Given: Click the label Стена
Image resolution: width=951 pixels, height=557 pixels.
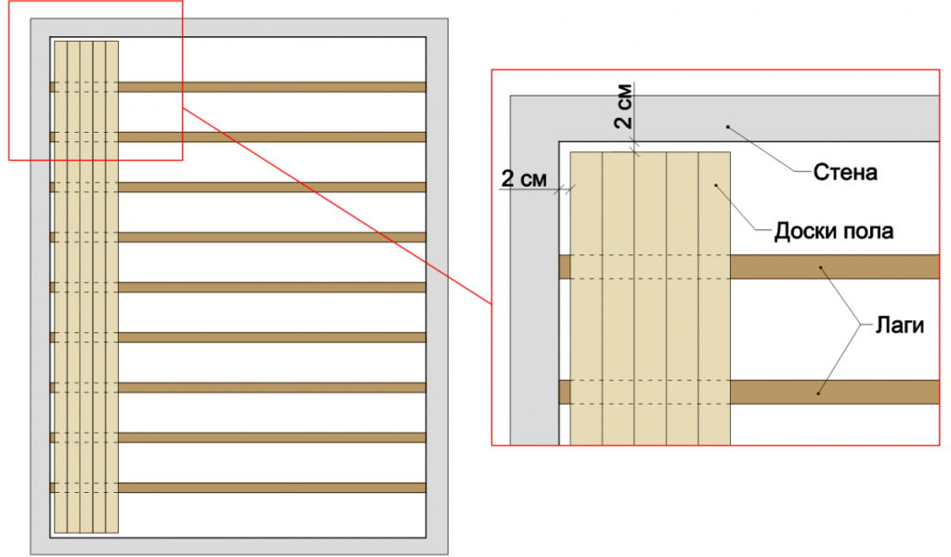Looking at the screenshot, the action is pos(845,173).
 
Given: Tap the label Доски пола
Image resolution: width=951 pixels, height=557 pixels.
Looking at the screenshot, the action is pos(833,231).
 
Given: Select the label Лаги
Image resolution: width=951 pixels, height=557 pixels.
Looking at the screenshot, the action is pos(899,326).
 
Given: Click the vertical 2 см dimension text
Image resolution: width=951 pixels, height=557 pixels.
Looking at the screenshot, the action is pos(623,106).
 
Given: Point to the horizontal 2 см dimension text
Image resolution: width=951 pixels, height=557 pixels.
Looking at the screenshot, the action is pos(524,179).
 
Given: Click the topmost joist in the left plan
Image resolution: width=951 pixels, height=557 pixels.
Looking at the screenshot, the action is pos(238,87).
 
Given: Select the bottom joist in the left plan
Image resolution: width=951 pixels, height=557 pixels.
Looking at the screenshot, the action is pos(238,487).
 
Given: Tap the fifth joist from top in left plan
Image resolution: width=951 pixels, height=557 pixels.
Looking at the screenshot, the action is pos(238,287).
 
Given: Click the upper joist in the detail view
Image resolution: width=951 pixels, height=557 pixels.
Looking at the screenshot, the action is pos(749,266).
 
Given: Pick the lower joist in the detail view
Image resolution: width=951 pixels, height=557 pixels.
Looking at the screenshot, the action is pos(749,392).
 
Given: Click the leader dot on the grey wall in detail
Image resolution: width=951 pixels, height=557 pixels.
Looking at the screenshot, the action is pos(728,127).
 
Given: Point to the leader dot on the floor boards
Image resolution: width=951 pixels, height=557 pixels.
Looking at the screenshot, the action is pos(716,185).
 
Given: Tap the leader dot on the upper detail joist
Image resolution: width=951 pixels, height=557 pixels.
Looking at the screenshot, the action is pos(821,267).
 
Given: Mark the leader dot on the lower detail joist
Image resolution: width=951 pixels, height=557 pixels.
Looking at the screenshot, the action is pos(817,394).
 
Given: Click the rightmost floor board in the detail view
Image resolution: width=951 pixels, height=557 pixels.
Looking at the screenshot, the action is pos(714,298).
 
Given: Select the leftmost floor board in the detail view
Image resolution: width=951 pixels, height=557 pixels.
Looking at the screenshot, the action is pos(586,298).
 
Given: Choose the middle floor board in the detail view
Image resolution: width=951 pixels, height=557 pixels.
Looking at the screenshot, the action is pos(650,298).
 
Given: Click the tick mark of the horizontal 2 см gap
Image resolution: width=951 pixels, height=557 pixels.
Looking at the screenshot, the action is pos(565,189).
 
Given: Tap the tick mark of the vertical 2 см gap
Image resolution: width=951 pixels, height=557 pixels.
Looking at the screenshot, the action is pos(634,147).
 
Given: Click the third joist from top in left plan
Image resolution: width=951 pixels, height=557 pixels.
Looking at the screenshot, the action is pos(238,188).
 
